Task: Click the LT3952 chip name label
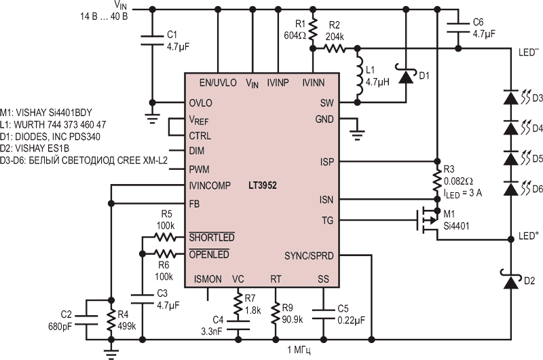[x=263, y=185]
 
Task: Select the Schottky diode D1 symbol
[x=406, y=75]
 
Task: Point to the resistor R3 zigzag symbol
[x=437, y=181]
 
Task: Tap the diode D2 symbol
[x=510, y=281]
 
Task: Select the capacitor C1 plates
[x=152, y=40]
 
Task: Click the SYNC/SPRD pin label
[x=309, y=256]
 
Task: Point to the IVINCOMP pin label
[x=210, y=185]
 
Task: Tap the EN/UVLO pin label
[x=218, y=83]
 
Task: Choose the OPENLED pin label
[x=209, y=254]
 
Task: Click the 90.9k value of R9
[x=293, y=319]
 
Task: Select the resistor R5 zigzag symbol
[x=165, y=238]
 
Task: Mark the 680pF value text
[x=60, y=327]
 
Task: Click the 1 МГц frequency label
[x=299, y=350]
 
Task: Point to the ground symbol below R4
[x=111, y=354]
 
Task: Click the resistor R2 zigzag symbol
[x=335, y=48]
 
